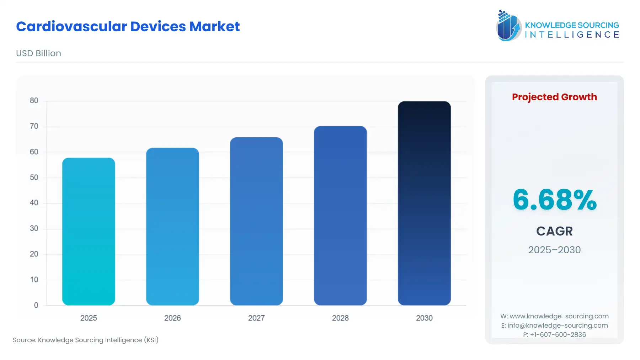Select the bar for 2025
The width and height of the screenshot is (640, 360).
click(x=89, y=231)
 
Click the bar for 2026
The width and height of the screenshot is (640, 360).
click(x=172, y=227)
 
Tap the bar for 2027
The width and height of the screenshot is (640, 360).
click(x=256, y=221)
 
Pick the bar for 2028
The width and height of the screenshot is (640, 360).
click(x=340, y=216)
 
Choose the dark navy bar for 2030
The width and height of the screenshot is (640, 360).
click(x=424, y=203)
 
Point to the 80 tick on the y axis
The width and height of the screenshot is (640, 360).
click(x=34, y=101)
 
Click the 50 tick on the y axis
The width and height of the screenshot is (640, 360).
click(x=34, y=178)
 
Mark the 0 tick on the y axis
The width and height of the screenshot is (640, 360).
click(x=36, y=305)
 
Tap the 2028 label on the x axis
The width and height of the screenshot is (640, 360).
click(x=340, y=318)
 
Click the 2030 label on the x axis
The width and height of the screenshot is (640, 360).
click(x=424, y=318)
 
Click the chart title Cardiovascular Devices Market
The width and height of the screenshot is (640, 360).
click(x=128, y=27)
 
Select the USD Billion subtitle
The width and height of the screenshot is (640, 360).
click(x=38, y=53)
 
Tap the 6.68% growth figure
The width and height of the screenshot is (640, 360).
click(x=554, y=200)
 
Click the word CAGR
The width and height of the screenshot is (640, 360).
click(x=554, y=231)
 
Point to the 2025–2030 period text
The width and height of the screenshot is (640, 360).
click(x=554, y=250)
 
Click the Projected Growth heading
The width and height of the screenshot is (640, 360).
click(x=554, y=97)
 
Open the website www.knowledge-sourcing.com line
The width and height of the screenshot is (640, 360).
click(x=554, y=316)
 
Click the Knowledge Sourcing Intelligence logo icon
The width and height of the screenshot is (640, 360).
click(x=508, y=26)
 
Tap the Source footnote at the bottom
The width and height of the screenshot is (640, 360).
click(x=86, y=340)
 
